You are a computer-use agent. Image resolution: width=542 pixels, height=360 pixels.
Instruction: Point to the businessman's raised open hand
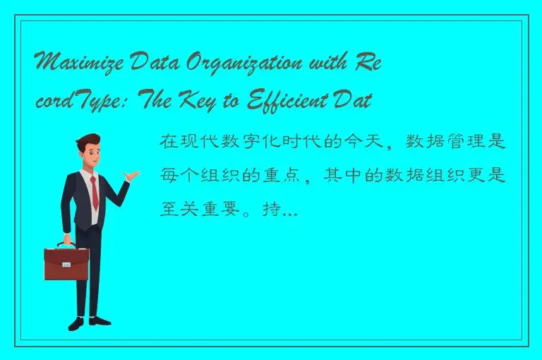click(131, 174)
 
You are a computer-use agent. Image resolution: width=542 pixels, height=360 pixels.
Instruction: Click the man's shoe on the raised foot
click(100, 320)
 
